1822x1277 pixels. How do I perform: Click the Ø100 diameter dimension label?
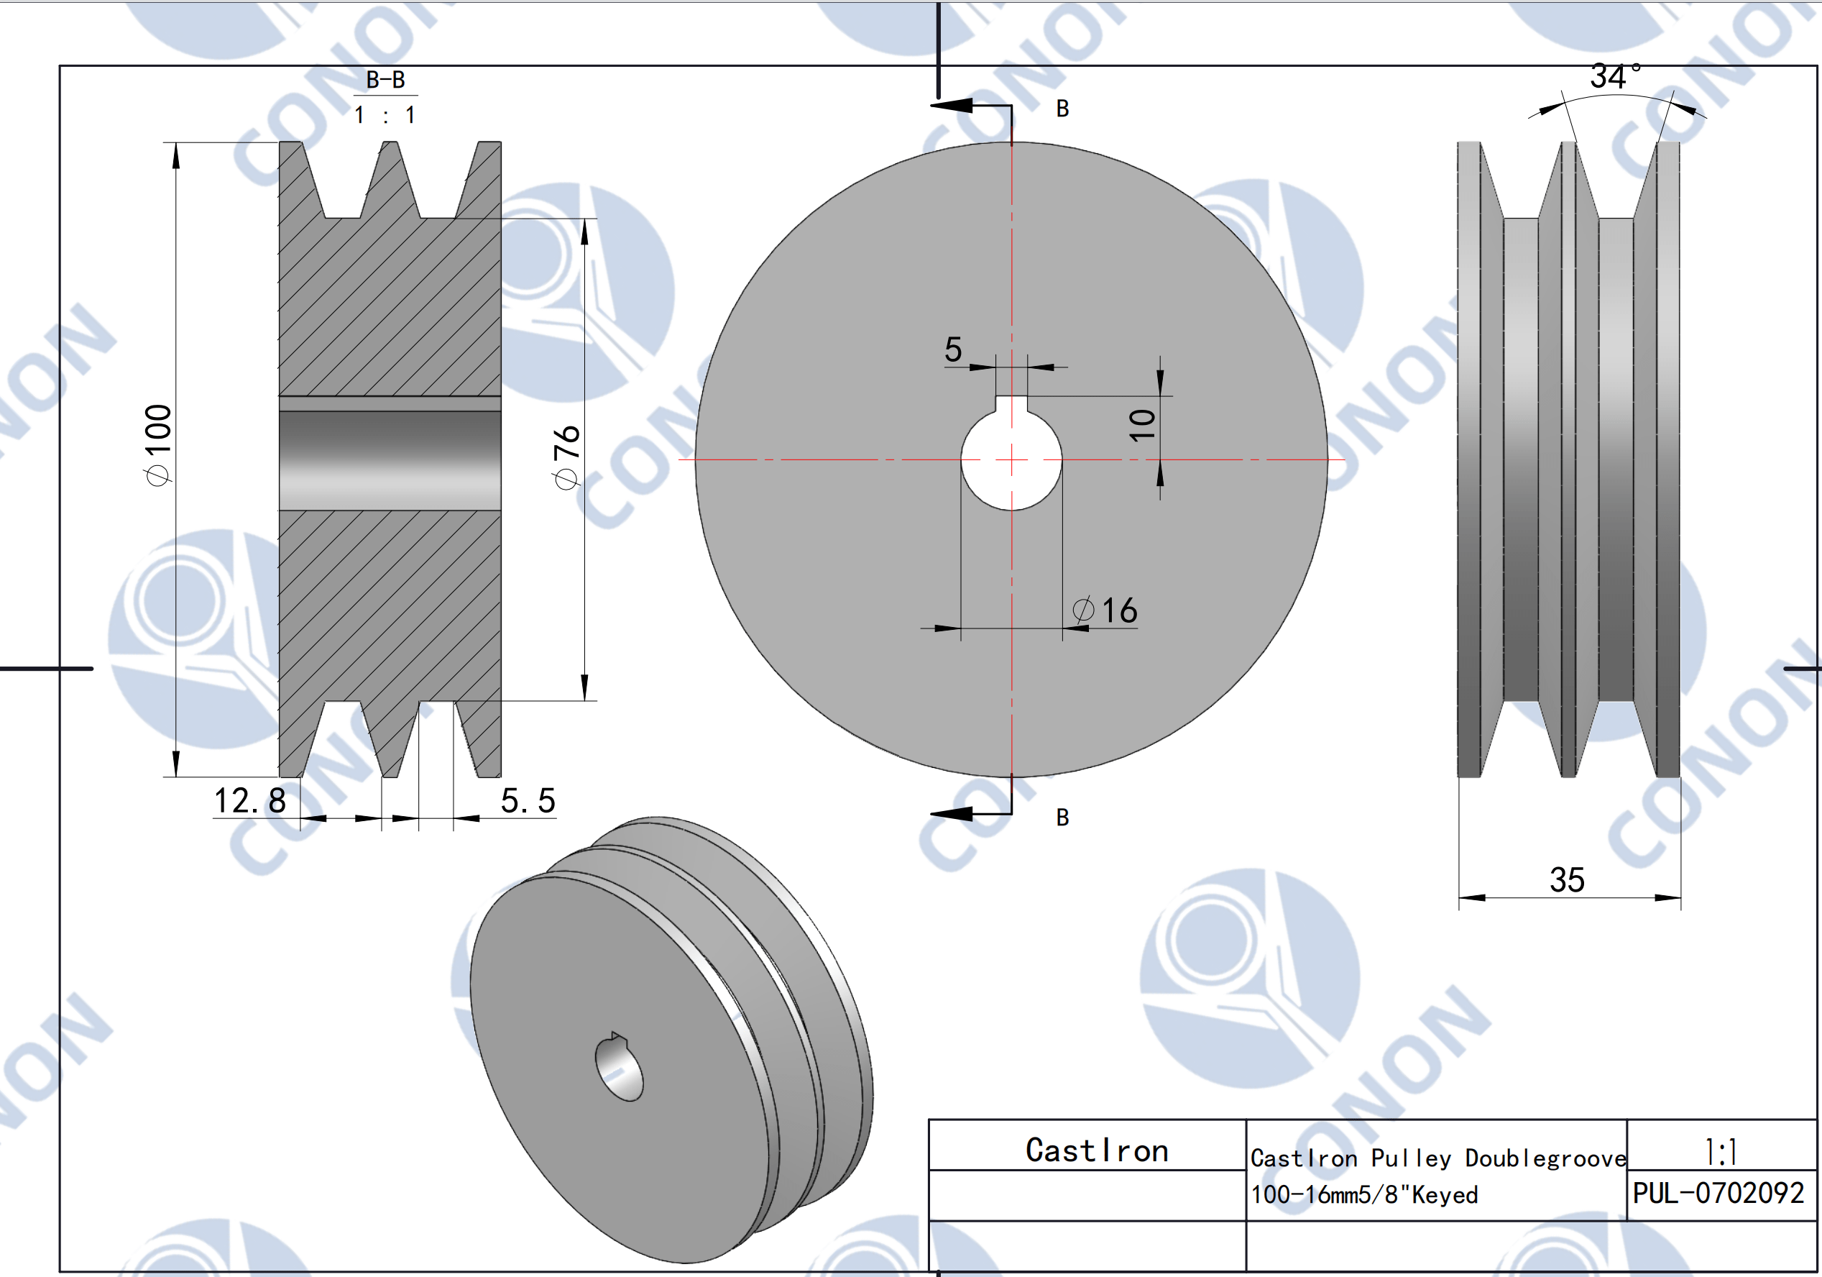click(x=158, y=444)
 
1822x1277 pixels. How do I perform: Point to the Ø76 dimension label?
click(x=566, y=457)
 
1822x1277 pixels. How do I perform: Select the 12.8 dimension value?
click(x=250, y=800)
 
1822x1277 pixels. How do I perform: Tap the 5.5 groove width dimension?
click(x=528, y=800)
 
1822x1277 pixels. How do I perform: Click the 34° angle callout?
click(x=1616, y=77)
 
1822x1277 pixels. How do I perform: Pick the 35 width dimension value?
click(x=1568, y=879)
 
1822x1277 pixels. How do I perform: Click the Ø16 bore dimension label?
click(x=1105, y=610)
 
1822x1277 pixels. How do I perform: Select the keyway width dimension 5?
click(x=953, y=349)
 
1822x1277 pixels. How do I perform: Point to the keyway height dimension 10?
click(x=1143, y=426)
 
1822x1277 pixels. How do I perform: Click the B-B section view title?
click(x=386, y=79)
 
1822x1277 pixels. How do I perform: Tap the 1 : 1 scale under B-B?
click(x=385, y=116)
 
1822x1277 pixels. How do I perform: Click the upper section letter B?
click(x=1062, y=109)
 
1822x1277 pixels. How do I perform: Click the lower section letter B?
click(x=1062, y=818)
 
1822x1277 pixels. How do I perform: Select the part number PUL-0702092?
click(x=1719, y=1193)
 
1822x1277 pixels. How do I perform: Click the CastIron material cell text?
click(x=1097, y=1150)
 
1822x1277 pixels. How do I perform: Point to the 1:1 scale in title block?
click(x=1721, y=1152)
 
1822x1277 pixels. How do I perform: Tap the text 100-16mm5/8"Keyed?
click(x=1364, y=1194)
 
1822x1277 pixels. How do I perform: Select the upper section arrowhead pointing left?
click(x=952, y=106)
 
